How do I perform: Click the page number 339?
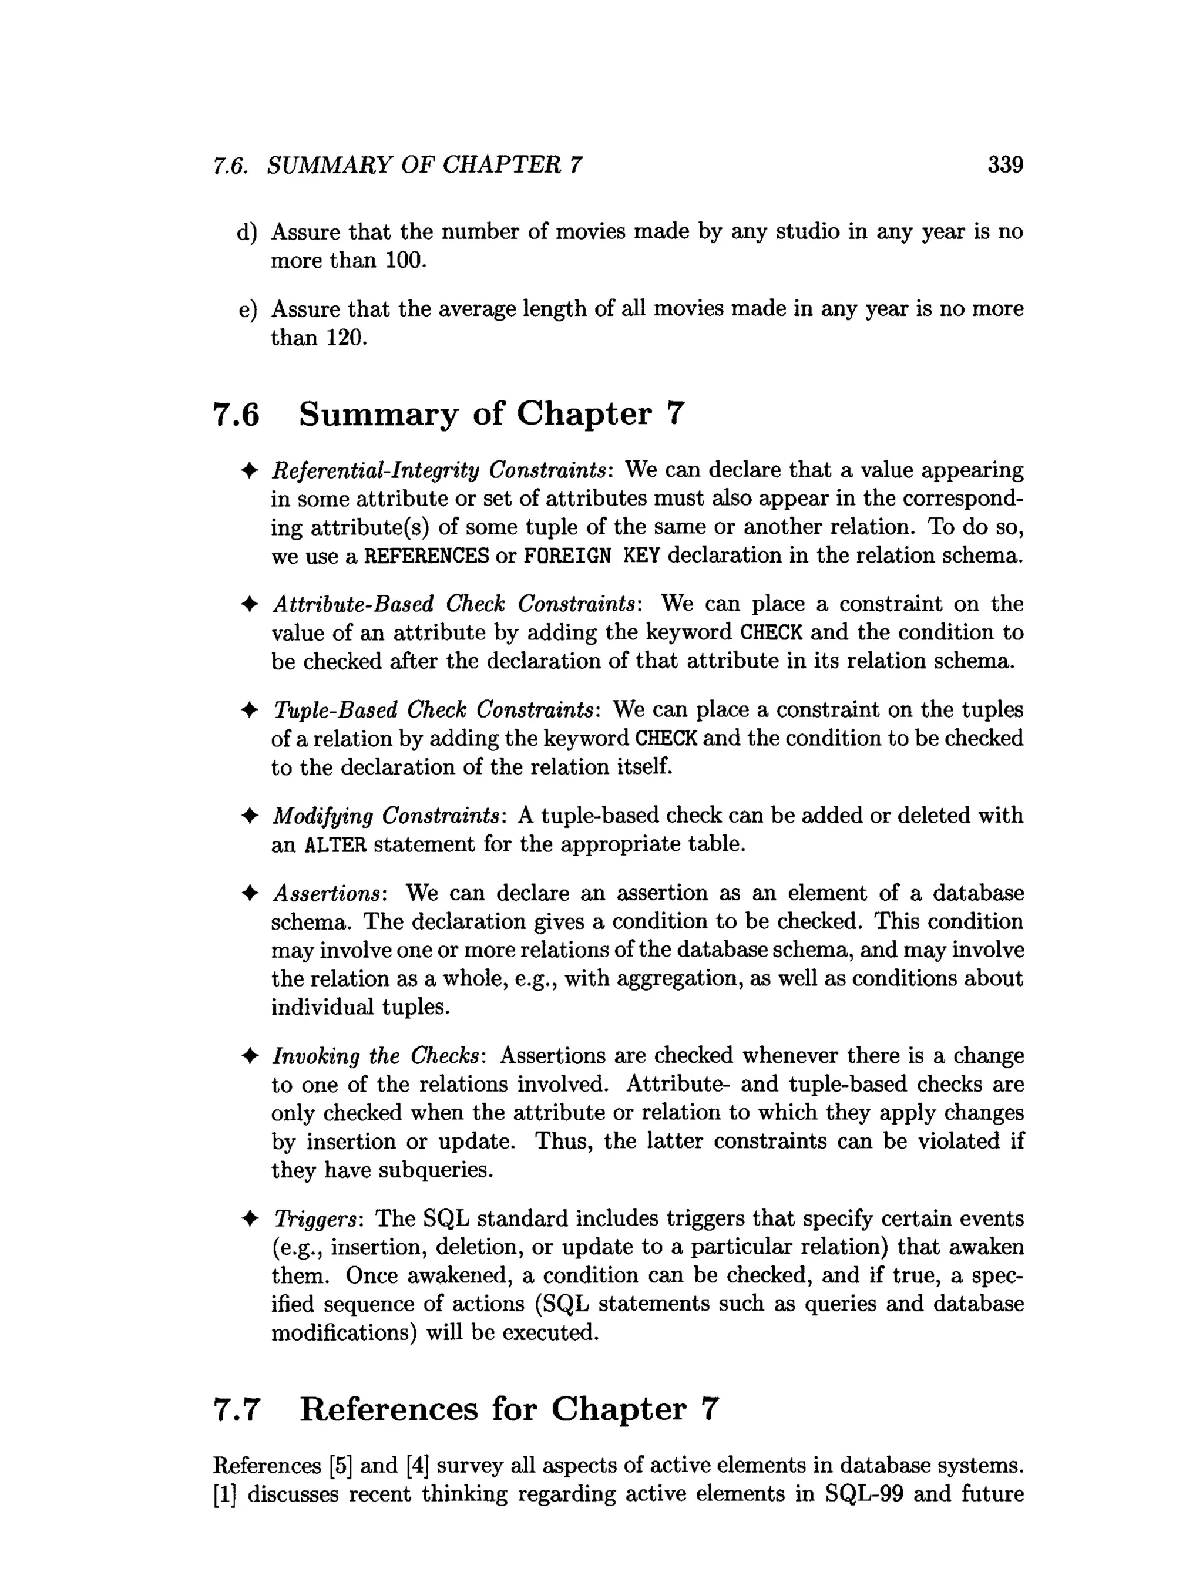pyautogui.click(x=1004, y=164)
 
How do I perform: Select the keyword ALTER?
pyautogui.click(x=335, y=844)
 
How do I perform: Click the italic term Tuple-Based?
pyautogui.click(x=335, y=710)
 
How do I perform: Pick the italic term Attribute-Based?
pyautogui.click(x=353, y=604)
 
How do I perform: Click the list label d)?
pyautogui.click(x=247, y=232)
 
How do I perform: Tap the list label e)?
pyautogui.click(x=247, y=309)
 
